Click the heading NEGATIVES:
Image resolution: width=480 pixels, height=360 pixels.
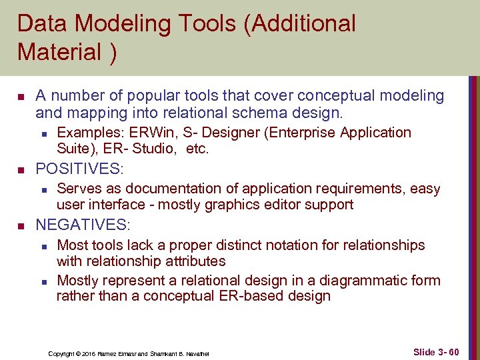83,224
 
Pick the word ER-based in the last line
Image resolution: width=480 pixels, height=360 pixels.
248,296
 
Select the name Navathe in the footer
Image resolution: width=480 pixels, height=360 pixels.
197,353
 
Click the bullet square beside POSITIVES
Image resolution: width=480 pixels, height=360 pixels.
20,169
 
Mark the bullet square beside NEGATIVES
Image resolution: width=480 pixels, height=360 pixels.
20,225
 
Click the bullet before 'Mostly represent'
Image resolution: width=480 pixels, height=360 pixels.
43,281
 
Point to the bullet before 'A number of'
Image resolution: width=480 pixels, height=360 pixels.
20,97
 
